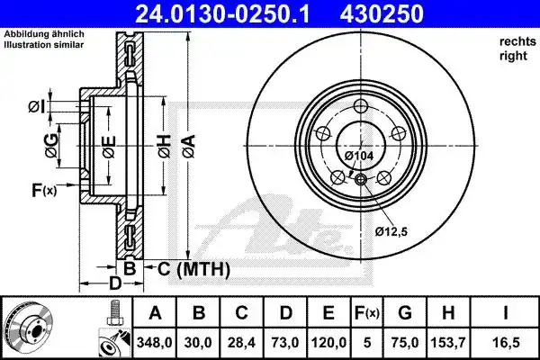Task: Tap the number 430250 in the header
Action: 382,14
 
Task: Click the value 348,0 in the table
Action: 154,343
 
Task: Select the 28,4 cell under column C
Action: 242,343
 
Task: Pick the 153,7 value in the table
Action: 448,343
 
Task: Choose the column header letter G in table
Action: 405,313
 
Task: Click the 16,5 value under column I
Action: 505,343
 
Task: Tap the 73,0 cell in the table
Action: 285,343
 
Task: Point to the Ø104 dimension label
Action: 359,156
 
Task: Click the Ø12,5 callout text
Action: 391,231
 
